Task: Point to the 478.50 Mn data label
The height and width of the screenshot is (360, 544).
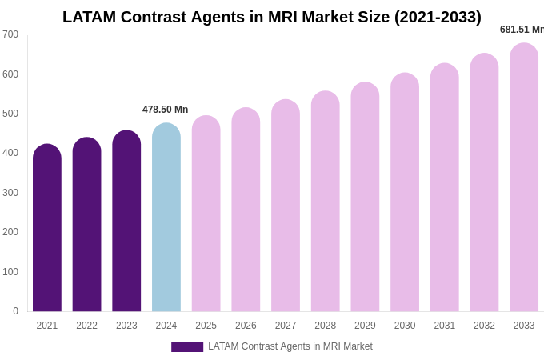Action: (165, 110)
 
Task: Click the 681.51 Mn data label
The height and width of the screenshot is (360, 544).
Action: (522, 30)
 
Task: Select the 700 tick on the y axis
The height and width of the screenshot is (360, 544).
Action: (10, 34)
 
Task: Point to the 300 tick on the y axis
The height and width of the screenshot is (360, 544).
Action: (10, 193)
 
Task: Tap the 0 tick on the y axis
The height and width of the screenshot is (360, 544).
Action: (15, 311)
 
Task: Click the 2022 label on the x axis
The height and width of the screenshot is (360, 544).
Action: (86, 326)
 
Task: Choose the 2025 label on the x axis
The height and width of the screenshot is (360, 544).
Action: (206, 326)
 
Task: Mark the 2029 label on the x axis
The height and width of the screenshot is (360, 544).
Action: (365, 326)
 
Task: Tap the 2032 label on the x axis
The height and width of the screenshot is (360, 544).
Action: (484, 326)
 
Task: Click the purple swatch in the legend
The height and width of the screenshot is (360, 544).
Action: (187, 347)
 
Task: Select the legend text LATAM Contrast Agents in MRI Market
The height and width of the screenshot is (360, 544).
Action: (290, 346)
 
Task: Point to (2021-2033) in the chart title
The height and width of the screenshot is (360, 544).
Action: (428, 17)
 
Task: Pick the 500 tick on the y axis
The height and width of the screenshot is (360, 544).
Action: (10, 114)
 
